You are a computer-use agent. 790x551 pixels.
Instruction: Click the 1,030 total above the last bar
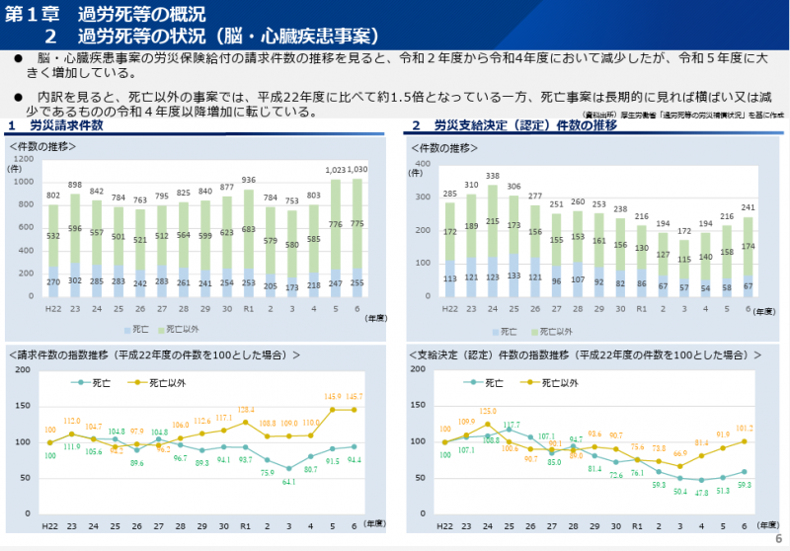point(358,170)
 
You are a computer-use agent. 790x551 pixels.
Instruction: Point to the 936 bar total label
point(248,181)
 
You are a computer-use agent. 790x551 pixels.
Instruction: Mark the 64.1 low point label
point(289,482)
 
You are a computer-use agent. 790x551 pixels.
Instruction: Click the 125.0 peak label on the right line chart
point(488,411)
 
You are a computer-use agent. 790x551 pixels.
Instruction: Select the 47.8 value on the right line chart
point(702,491)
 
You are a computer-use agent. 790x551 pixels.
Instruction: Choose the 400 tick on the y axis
point(423,164)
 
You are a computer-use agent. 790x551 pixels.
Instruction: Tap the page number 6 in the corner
point(777,538)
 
